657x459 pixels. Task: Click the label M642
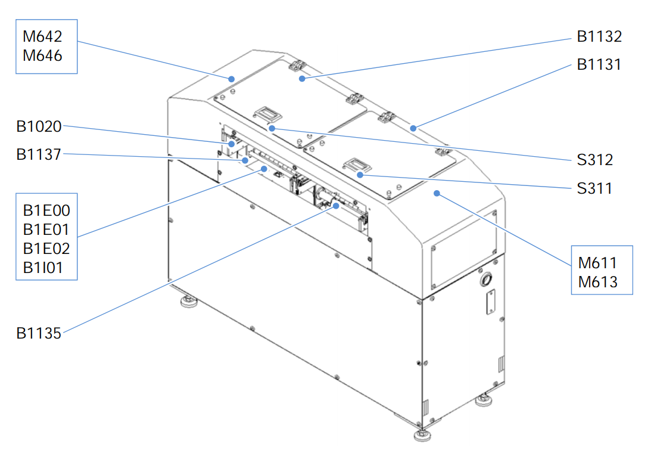(x=42, y=36)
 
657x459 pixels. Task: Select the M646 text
(x=42, y=55)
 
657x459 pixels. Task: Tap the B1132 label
(x=599, y=36)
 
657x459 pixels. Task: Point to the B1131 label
(x=599, y=64)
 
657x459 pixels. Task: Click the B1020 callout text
(x=39, y=126)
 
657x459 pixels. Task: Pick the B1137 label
(x=39, y=154)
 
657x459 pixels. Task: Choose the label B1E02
(x=46, y=249)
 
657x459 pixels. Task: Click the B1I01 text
(x=43, y=268)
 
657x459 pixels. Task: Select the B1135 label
(x=39, y=333)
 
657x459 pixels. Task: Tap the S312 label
(x=595, y=160)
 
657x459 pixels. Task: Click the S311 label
(x=594, y=188)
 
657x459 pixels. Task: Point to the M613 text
(x=598, y=282)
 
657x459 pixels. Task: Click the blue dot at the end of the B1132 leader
(x=302, y=79)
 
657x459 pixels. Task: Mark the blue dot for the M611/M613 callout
(x=437, y=193)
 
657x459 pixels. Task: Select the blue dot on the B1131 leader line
(x=413, y=128)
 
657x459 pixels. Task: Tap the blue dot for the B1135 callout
(x=336, y=206)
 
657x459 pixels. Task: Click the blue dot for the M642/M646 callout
(x=231, y=79)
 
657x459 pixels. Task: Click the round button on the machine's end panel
(x=486, y=279)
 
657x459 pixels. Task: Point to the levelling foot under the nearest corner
(x=422, y=435)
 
